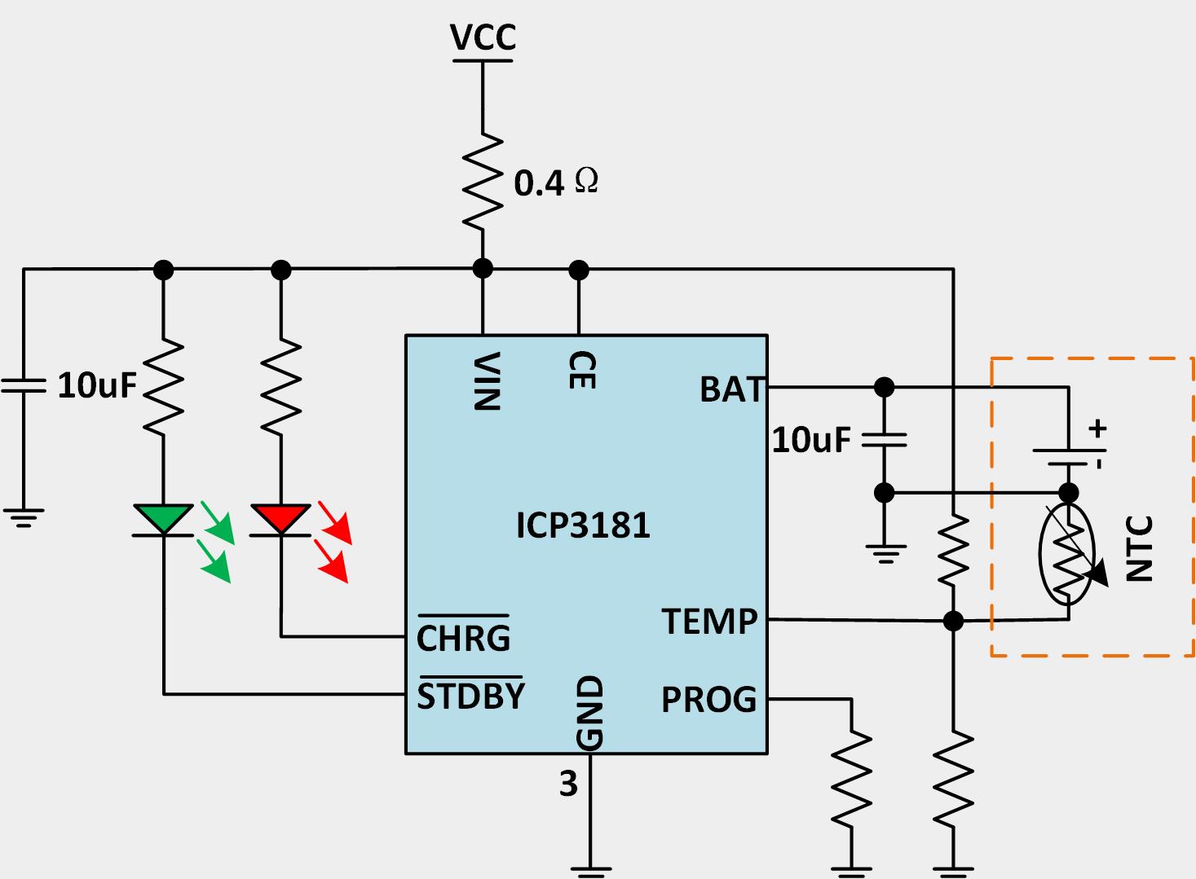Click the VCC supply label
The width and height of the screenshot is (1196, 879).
coord(483,37)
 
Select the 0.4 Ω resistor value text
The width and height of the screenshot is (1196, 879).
coord(555,182)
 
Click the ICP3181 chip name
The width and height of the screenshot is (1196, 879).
coord(583,525)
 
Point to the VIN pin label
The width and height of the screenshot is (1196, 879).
coord(487,380)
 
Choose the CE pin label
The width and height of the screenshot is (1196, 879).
coord(582,370)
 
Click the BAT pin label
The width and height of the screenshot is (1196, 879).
coord(732,389)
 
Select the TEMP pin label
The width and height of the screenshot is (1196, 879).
coord(709,622)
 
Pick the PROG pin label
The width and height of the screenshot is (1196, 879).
coord(708,700)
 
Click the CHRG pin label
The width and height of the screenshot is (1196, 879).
coord(463,637)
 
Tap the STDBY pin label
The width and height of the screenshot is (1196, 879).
coord(470,696)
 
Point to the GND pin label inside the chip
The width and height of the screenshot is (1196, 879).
coord(589,712)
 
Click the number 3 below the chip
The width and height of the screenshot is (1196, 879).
coord(568,784)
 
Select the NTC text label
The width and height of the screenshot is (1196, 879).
coord(1140,548)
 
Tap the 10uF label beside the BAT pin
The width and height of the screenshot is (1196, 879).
coord(811,440)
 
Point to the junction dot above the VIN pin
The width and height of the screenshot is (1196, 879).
coord(483,268)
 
